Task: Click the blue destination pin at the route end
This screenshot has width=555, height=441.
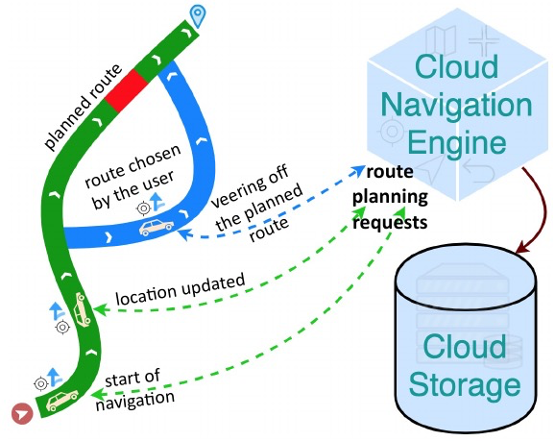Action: [x=198, y=15]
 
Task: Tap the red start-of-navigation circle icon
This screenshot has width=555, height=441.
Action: [x=22, y=413]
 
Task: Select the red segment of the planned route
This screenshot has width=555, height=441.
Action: [x=127, y=90]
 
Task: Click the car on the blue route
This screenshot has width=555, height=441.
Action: [x=157, y=227]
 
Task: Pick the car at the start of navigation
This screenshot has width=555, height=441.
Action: [x=62, y=401]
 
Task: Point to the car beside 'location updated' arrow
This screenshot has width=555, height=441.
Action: [x=83, y=309]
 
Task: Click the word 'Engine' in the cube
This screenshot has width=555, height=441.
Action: [x=457, y=142]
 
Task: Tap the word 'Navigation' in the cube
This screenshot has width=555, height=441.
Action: [x=456, y=105]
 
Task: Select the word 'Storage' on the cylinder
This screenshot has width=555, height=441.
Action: [x=465, y=385]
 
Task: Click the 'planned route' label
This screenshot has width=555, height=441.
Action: [x=83, y=107]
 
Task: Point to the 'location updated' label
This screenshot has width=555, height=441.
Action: [x=181, y=289]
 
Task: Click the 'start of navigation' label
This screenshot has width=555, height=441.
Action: [x=135, y=390]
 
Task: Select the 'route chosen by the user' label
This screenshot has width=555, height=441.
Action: [x=133, y=177]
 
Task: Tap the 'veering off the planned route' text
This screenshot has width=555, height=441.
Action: [x=257, y=204]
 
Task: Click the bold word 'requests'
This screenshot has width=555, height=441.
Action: [x=390, y=223]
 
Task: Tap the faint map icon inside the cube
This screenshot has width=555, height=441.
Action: [x=441, y=40]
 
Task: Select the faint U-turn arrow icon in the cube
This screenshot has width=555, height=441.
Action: [x=478, y=170]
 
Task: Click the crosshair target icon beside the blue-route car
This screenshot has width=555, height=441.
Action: [x=143, y=208]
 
